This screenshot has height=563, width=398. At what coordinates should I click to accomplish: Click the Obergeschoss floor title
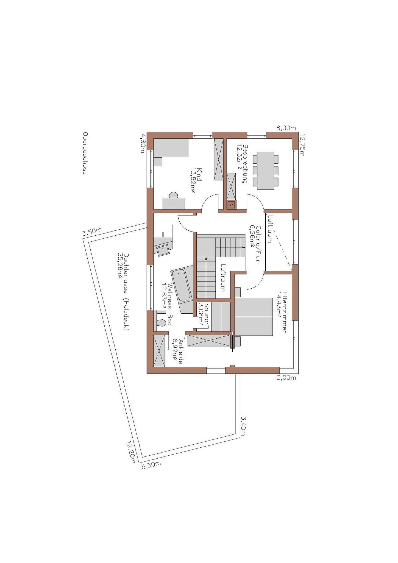[x=85, y=153]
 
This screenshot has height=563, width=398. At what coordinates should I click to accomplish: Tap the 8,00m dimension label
[x=286, y=128]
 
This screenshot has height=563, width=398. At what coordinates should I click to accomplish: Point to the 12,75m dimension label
[x=302, y=145]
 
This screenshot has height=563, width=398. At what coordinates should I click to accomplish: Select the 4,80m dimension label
[x=143, y=143]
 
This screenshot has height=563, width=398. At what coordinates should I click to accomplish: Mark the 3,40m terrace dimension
[x=243, y=426]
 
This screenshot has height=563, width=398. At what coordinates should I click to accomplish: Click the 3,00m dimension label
[x=286, y=378]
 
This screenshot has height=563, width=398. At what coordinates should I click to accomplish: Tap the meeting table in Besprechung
[x=265, y=171]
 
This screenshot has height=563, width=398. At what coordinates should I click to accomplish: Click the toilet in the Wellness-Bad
[x=161, y=322]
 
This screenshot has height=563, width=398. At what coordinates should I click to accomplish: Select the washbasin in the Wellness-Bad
[x=163, y=250]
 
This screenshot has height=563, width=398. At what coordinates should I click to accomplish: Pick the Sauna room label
[x=204, y=314]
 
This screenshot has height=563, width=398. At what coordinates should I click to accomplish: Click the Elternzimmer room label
[x=282, y=312]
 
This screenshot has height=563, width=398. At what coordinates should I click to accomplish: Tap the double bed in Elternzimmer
[x=254, y=316]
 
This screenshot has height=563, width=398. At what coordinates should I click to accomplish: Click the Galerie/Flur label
[x=255, y=243]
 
